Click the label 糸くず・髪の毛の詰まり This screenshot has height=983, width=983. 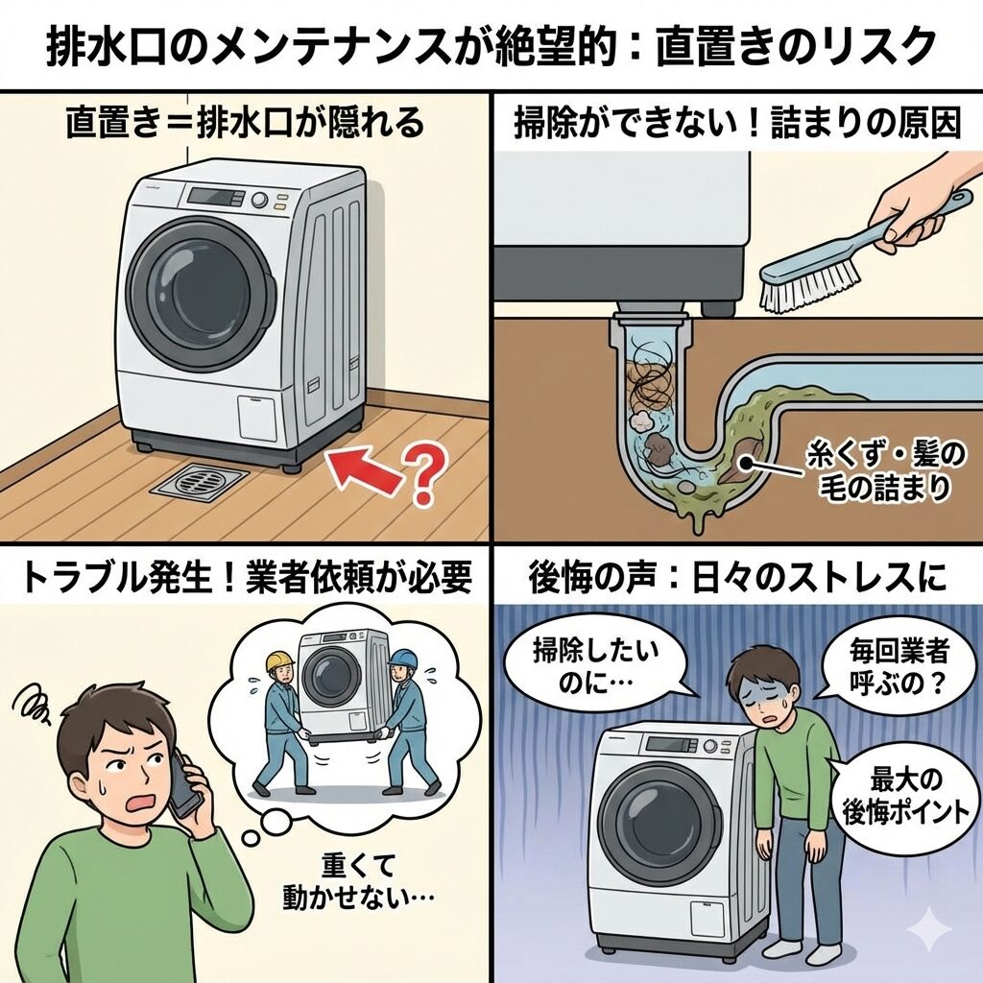[884, 472]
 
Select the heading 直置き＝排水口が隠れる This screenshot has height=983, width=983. [245, 123]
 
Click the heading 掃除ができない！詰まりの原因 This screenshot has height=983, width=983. [737, 123]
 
